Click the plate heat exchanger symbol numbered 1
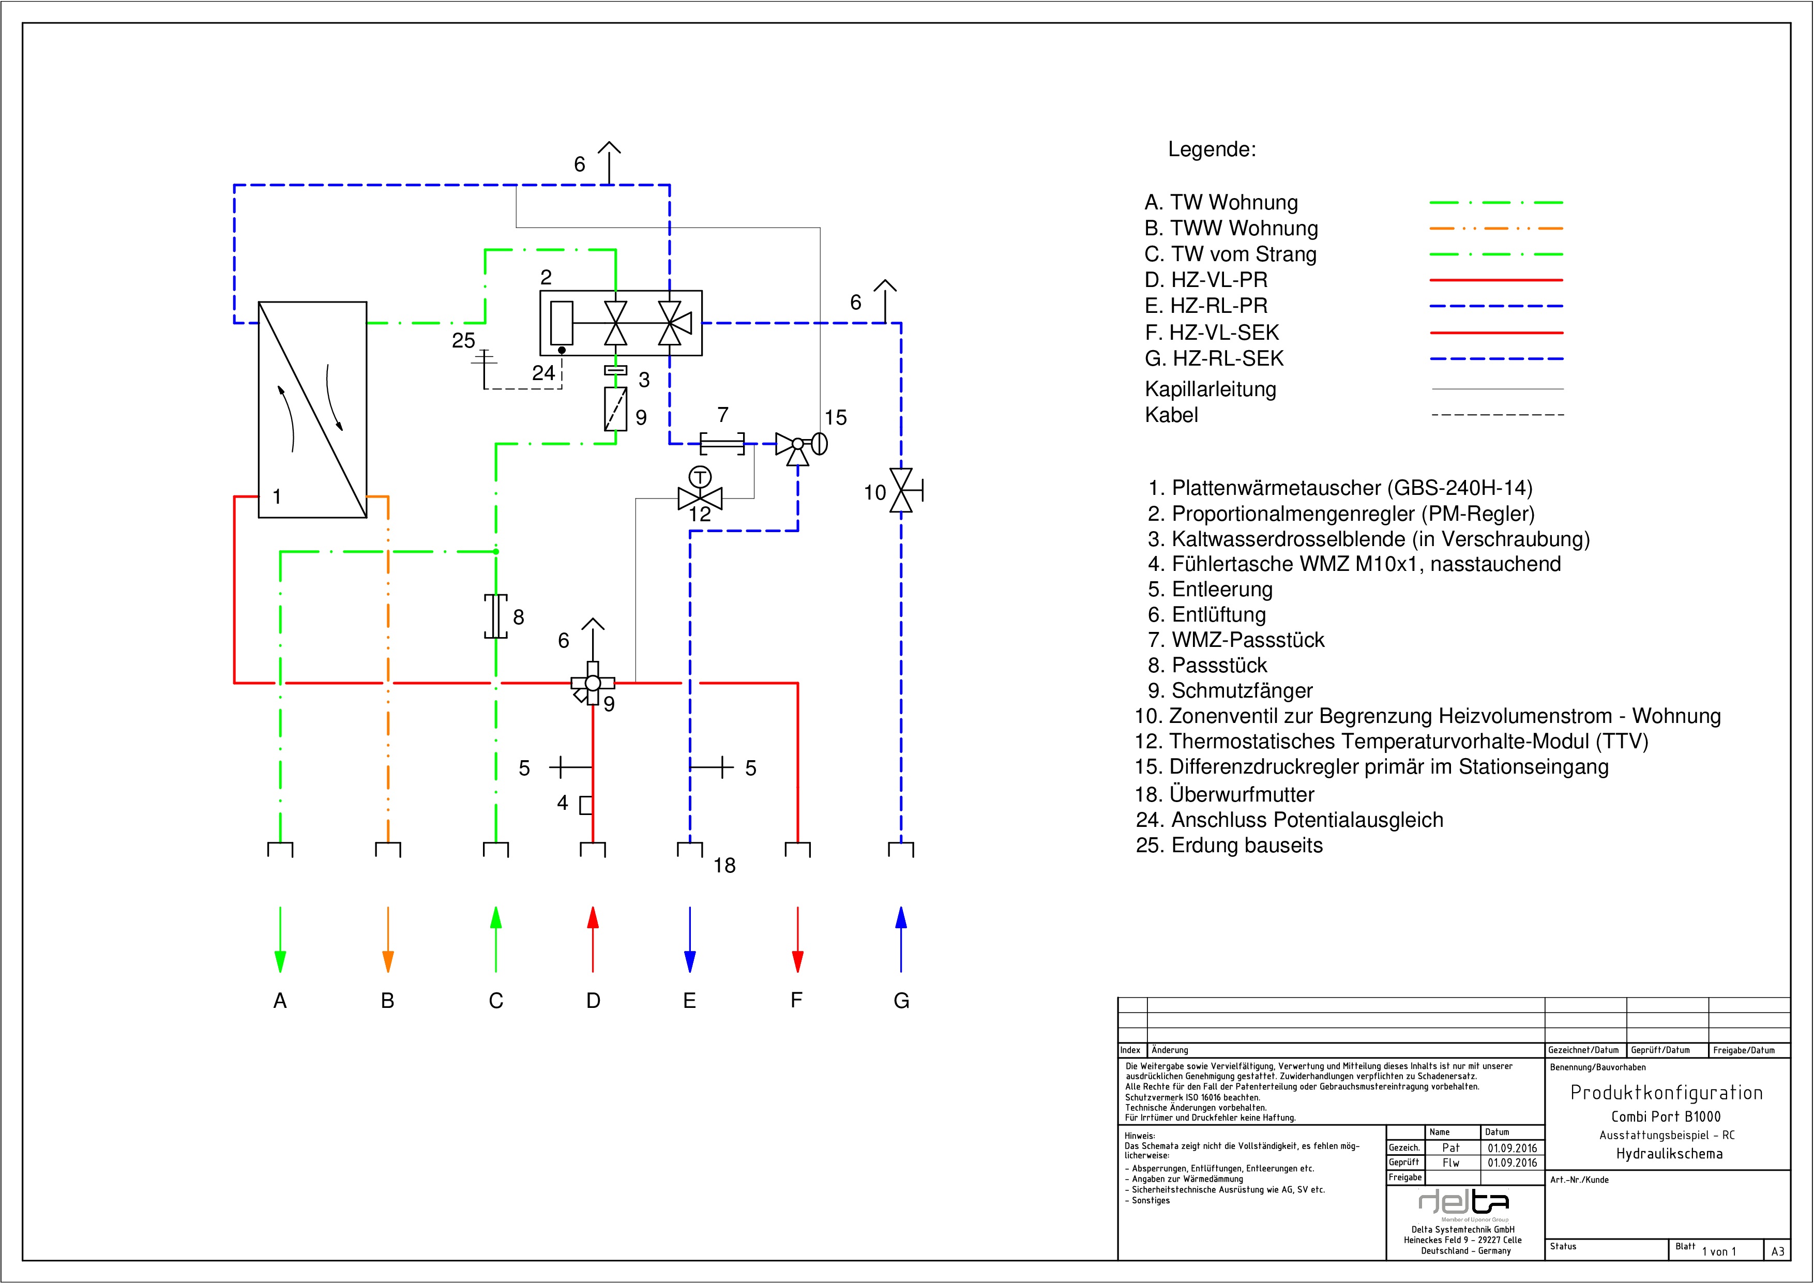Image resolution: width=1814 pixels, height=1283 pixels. [x=312, y=409]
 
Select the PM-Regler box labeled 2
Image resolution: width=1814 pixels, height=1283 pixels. [x=620, y=322]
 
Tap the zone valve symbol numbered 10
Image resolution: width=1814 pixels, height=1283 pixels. [x=901, y=490]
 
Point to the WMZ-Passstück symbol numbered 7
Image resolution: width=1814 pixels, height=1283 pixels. [x=722, y=443]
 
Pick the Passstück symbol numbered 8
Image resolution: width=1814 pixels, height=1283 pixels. [x=495, y=616]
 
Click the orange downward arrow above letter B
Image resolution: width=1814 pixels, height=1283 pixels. [x=388, y=940]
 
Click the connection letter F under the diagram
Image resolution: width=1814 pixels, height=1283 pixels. [x=796, y=1000]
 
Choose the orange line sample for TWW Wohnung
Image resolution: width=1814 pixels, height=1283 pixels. [x=1495, y=229]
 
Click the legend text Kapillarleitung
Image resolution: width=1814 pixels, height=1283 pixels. [x=1211, y=389]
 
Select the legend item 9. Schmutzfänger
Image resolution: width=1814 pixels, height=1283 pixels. [x=1230, y=690]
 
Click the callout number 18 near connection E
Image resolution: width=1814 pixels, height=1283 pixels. [x=724, y=865]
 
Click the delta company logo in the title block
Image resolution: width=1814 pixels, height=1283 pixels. [x=1464, y=1202]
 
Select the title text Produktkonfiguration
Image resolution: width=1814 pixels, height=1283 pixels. [x=1666, y=1093]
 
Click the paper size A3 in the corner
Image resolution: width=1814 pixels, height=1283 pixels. [x=1778, y=1251]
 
